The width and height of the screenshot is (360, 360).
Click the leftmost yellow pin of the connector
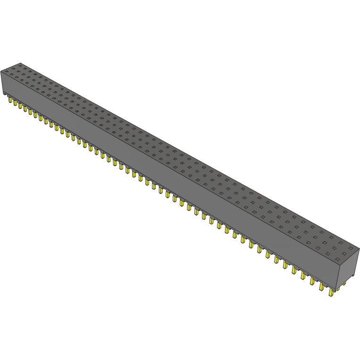[9, 100]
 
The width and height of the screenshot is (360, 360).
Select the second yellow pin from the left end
[15, 103]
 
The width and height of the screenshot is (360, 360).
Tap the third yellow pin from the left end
[20, 106]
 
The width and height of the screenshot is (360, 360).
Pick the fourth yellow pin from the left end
[25, 109]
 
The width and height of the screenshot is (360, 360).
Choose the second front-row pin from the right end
[321, 286]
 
